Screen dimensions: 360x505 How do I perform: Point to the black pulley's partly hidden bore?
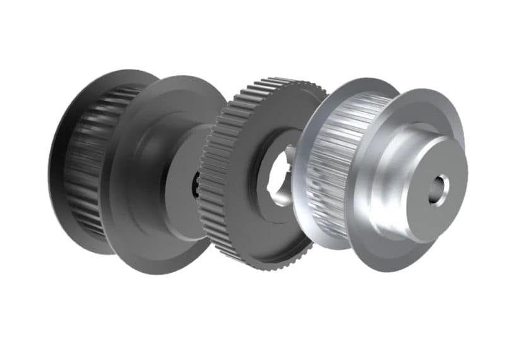[194, 183]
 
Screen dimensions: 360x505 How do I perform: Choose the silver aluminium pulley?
[379, 177]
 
